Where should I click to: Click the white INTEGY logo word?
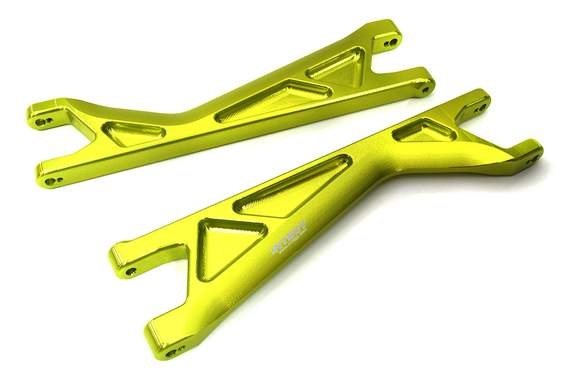pos(289,236)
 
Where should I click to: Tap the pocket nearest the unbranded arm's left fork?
pos(133,132)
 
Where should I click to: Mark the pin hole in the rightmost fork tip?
pos(531,160)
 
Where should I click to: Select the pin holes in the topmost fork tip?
pos(390,43)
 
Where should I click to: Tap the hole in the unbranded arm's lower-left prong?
pos(50,181)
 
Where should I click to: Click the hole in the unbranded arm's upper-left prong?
pos(42,120)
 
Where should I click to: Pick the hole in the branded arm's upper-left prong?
pos(130,271)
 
